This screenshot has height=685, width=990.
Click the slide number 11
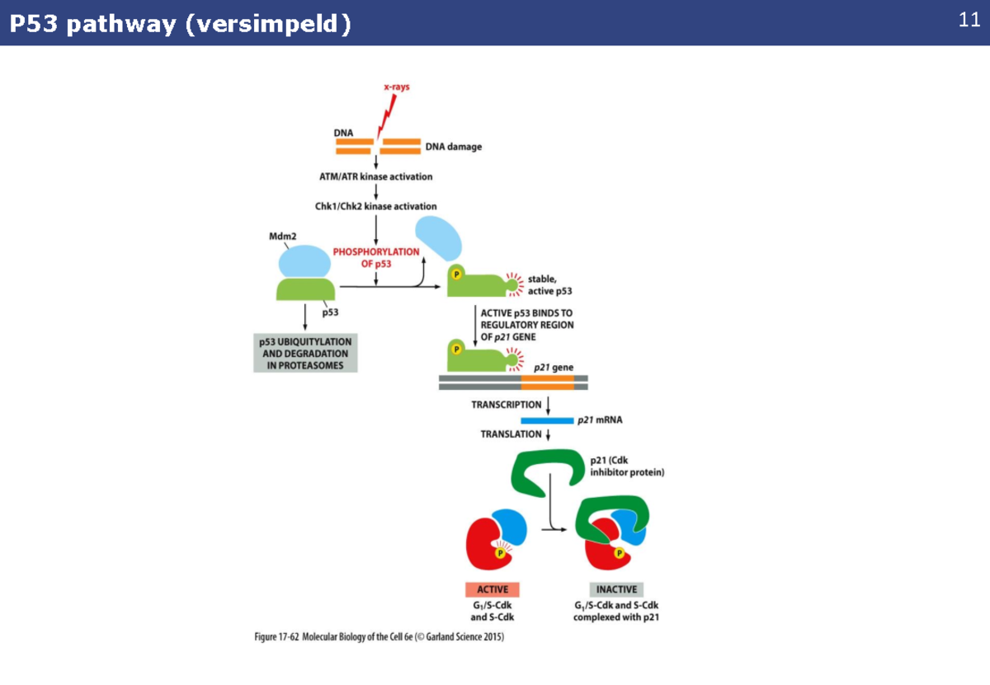tap(969, 21)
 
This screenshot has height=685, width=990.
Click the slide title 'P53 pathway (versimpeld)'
tap(180, 24)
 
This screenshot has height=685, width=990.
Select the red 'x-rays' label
tap(397, 87)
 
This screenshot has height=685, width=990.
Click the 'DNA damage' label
tap(453, 147)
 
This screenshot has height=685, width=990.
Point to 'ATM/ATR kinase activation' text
tap(375, 176)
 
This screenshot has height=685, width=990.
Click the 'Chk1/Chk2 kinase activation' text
tap(375, 206)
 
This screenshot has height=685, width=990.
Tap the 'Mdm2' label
tap(282, 236)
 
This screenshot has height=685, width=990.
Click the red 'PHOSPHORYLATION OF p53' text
tap(375, 258)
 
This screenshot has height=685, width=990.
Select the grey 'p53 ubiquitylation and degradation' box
tap(305, 354)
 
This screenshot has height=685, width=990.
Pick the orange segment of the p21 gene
tap(547, 382)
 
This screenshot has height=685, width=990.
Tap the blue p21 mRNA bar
tap(546, 420)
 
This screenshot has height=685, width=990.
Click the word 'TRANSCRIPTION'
tap(506, 405)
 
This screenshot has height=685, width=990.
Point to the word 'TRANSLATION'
tap(511, 434)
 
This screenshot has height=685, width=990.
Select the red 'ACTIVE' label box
tap(492, 589)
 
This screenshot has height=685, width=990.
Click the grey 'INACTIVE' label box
tap(616, 589)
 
